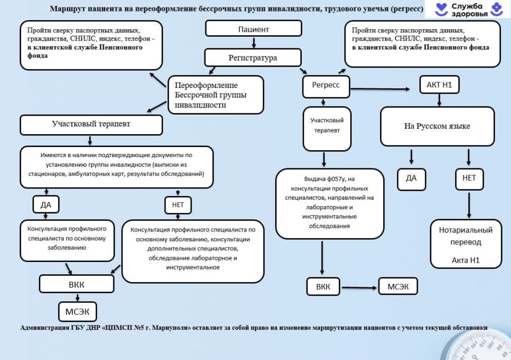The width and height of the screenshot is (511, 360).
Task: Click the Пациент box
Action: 253,28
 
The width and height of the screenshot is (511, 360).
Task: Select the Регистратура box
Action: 253,58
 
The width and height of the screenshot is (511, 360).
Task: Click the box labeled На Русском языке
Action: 438,127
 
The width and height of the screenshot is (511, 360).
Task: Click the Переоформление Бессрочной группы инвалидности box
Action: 216,95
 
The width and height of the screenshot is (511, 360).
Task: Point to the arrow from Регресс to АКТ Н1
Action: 383,88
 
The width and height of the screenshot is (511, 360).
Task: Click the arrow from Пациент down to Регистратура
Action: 253,43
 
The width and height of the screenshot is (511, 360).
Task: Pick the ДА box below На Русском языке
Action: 411,178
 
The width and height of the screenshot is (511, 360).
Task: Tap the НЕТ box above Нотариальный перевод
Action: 469,178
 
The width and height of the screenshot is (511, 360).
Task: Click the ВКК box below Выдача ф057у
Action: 323,287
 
